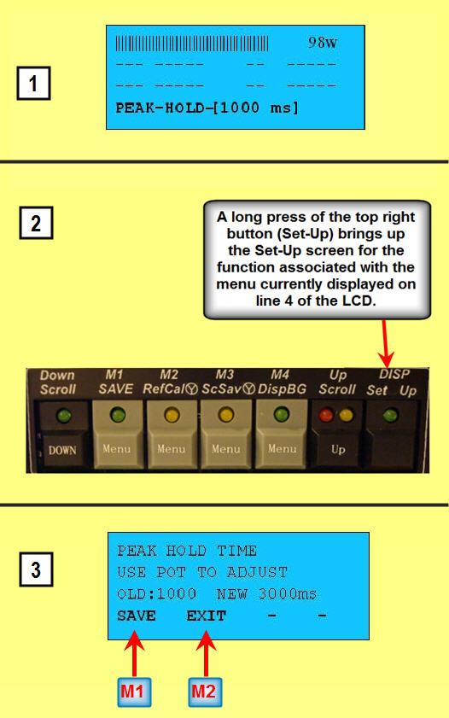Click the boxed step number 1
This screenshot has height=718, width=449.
tap(33, 84)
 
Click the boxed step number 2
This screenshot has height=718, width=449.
tap(36, 223)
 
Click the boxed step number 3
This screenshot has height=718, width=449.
tap(36, 569)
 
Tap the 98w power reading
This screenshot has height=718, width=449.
tap(323, 43)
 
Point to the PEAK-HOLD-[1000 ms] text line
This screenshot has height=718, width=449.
tap(207, 108)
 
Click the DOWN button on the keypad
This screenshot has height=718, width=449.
tap(62, 450)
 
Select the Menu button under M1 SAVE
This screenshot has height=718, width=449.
tap(117, 449)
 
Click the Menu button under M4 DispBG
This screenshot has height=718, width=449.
tap(282, 449)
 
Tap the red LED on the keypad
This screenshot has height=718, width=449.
tap(326, 415)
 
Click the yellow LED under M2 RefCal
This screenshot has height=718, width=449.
tap(172, 415)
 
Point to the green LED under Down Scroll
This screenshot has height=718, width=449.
tap(64, 416)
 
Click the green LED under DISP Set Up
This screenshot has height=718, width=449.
tap(390, 415)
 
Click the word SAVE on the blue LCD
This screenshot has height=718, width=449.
tap(137, 616)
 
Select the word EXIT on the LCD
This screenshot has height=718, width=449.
tap(207, 616)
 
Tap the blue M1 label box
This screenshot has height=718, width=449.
tap(134, 692)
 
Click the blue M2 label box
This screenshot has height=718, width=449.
tap(205, 692)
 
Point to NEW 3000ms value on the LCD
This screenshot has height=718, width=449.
tap(266, 594)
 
